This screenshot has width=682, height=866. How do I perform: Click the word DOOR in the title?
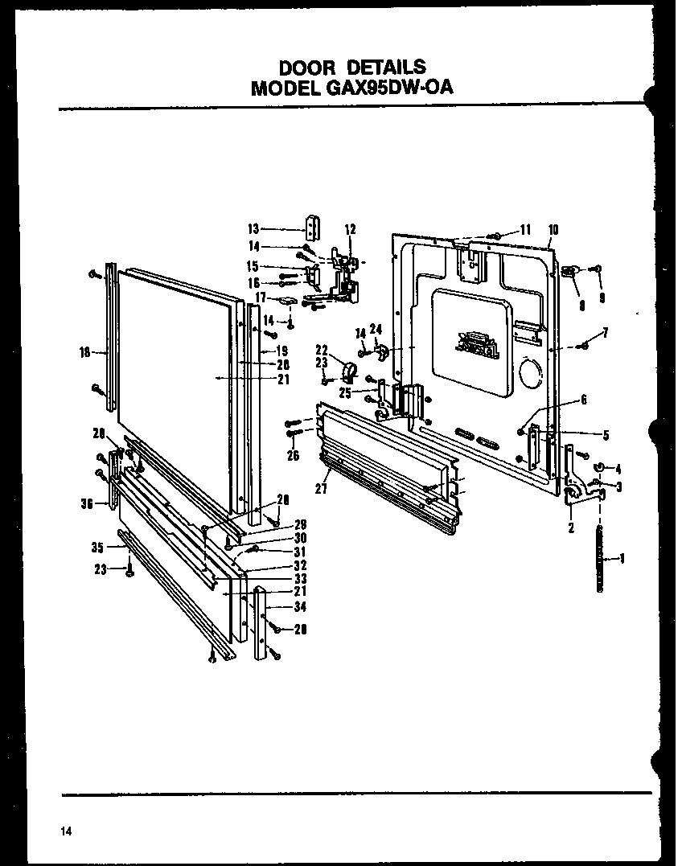[x=305, y=67]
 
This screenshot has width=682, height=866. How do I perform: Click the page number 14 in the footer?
[x=65, y=831]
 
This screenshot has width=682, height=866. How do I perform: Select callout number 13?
[x=253, y=228]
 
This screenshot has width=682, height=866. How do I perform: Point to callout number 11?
[x=525, y=229]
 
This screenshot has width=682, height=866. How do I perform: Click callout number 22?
[x=323, y=350]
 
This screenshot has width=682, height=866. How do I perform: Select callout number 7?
[x=605, y=333]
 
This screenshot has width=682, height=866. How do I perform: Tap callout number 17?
[x=261, y=298]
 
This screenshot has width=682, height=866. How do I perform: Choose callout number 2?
[x=570, y=527]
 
